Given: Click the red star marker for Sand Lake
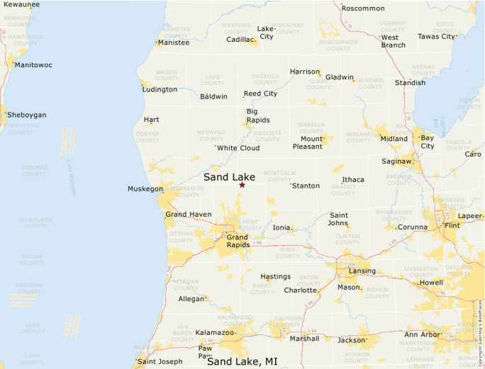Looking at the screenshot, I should pos(242,185).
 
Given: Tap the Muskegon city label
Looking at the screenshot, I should pos(145,189).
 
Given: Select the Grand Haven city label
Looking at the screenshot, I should pos(188,214).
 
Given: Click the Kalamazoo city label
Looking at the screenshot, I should pos(214,332).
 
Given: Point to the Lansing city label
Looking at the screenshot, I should pos(362,271).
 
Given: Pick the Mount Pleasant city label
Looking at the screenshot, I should pos(308,142).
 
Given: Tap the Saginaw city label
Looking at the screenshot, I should pos(396,161).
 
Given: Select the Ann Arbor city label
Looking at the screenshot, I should pos(422,334).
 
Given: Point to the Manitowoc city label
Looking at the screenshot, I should pos(33,65).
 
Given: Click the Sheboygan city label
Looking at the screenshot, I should pos(26,115).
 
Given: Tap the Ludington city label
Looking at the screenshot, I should pos(160,89).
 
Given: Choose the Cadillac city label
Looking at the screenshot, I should pos(240,40).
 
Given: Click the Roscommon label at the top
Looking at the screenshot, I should pos(363,8).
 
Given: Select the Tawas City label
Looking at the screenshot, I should pos(436,36).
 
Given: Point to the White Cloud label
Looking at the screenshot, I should pos(238,148).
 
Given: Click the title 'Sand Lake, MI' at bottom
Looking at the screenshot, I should pos(242,361).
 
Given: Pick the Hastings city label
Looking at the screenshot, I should pos(276,276).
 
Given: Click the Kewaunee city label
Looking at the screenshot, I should pos(21,4).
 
